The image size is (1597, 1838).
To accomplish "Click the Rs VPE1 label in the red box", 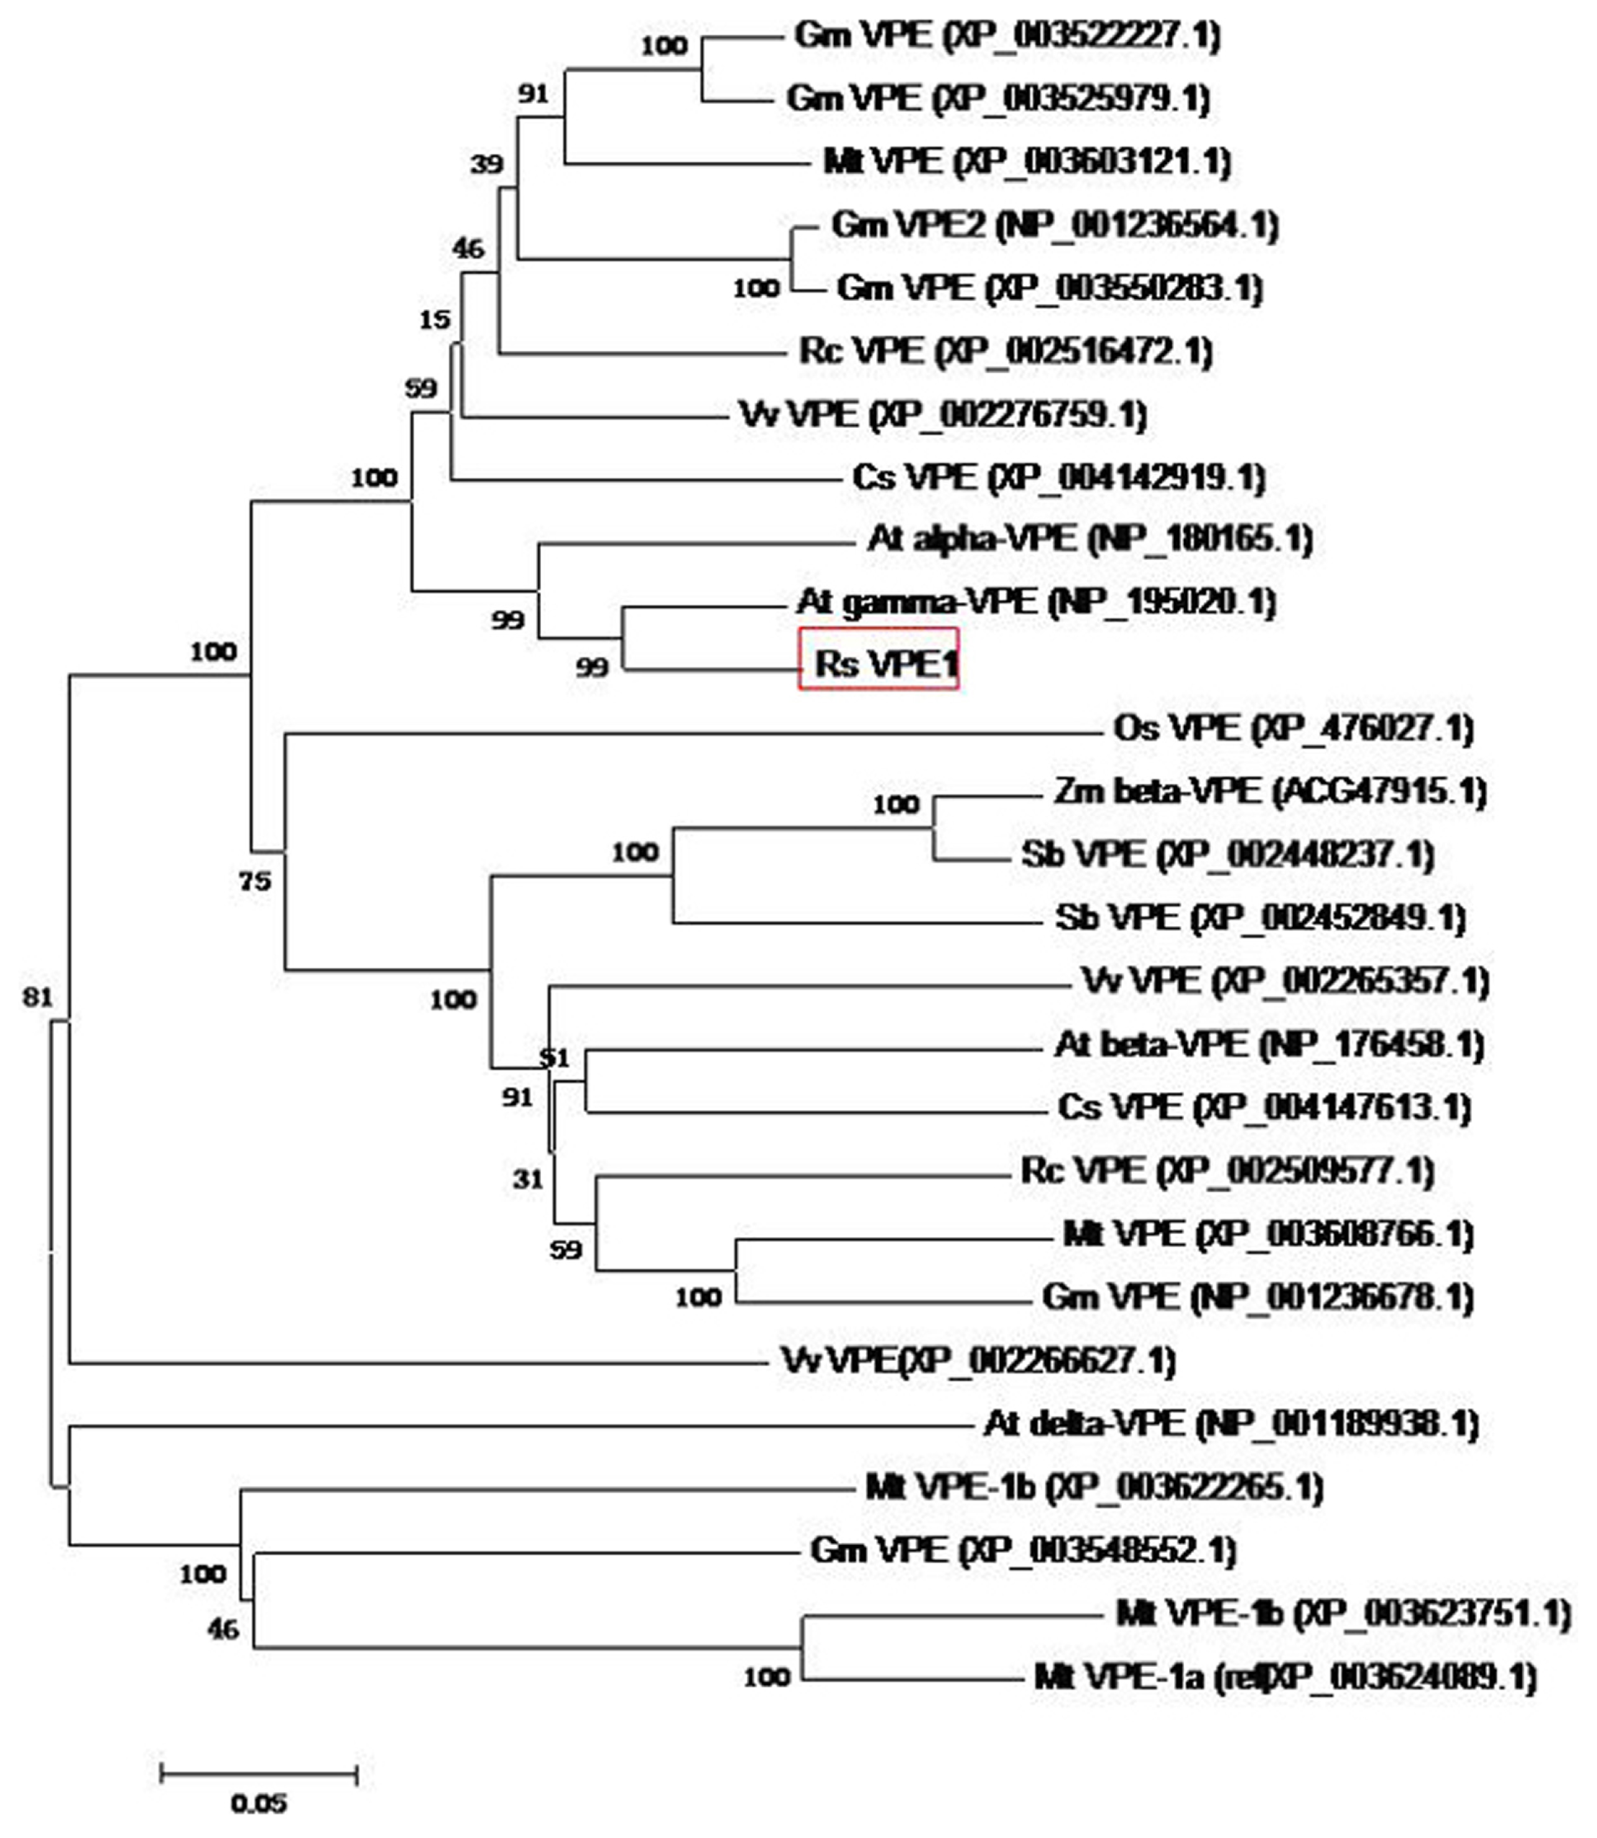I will pyautogui.click(x=886, y=664).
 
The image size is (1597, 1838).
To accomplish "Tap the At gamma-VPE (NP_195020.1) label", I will pyautogui.click(x=1035, y=603).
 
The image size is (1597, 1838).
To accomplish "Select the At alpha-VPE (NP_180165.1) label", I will pyautogui.click(x=1089, y=539).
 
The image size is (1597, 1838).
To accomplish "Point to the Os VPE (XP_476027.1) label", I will pyautogui.click(x=1293, y=728).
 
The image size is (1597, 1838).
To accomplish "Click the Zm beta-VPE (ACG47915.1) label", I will pyautogui.click(x=1270, y=792).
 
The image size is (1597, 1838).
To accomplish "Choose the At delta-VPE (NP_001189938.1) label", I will pyautogui.click(x=1231, y=1424).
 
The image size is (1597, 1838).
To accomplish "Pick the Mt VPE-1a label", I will pyautogui.click(x=1284, y=1678).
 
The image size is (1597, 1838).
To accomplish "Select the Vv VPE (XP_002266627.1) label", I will pyautogui.click(x=978, y=1360).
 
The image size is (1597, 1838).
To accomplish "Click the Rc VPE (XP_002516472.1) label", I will pyautogui.click(x=1005, y=351).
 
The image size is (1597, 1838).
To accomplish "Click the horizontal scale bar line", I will pyautogui.click(x=259, y=1774).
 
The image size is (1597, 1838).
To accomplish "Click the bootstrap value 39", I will pyautogui.click(x=486, y=164).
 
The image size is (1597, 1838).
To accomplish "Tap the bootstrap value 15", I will pyautogui.click(x=435, y=319).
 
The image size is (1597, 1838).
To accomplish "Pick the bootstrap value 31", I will pyautogui.click(x=527, y=1179).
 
